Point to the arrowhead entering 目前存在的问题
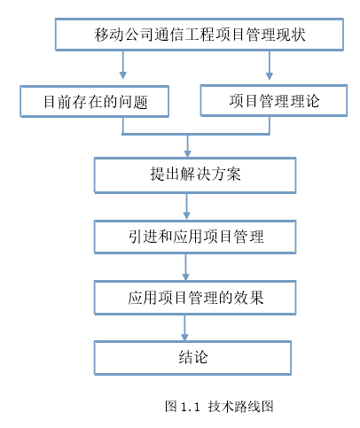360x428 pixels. [x=123, y=75]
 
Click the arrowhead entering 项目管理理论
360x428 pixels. [x=269, y=75]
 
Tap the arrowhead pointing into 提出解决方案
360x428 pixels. [x=187, y=153]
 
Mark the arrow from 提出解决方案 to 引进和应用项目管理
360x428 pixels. [x=186, y=206]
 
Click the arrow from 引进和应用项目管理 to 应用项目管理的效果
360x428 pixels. [x=185, y=268]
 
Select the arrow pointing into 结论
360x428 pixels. [x=184, y=328]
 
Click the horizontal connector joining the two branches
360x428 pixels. [x=196, y=134]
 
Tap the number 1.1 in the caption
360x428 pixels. [x=190, y=407]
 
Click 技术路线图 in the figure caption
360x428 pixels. [x=240, y=407]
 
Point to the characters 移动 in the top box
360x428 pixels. [x=109, y=35]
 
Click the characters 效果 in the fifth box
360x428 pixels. [x=248, y=298]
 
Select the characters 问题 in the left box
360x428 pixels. [x=133, y=102]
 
